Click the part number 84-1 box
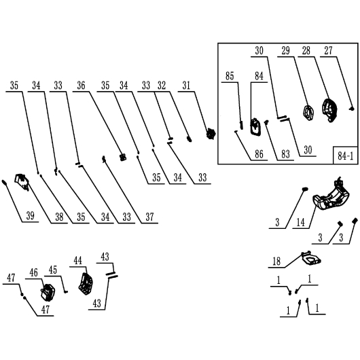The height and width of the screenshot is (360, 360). [x=346, y=155]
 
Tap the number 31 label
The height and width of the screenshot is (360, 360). [x=186, y=86]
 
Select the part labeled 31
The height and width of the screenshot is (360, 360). [x=211, y=134]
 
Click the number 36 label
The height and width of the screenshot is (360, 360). [x=81, y=86]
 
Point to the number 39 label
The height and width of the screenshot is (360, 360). [x=31, y=216]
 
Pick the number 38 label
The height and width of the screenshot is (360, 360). [x=59, y=217]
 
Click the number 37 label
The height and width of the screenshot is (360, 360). [x=149, y=217]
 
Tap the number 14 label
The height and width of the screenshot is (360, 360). [x=301, y=222]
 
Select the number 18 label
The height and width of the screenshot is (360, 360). [x=276, y=262]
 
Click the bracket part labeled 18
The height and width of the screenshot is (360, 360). [x=311, y=258]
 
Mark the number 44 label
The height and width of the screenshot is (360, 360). [x=78, y=261]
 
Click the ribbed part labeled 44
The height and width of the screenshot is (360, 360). [x=86, y=283]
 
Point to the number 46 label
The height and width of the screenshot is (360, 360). [x=33, y=273]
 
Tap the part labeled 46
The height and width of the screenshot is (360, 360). [x=48, y=292]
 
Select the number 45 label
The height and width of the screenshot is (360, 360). [x=53, y=270]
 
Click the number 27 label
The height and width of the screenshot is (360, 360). [x=328, y=50]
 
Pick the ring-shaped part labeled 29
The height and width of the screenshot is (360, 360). [x=308, y=113]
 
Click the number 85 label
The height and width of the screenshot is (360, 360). [x=230, y=76]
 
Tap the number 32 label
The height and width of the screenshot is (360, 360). [x=162, y=86]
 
